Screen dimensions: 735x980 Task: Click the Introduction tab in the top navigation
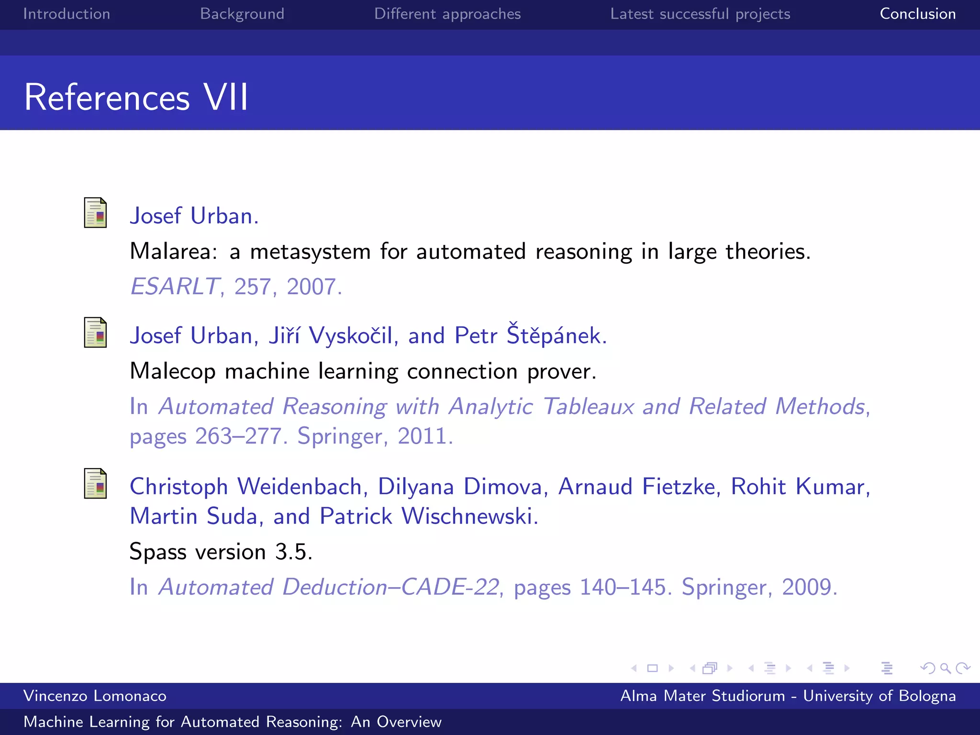click(x=67, y=14)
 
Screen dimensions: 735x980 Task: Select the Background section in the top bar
click(x=242, y=14)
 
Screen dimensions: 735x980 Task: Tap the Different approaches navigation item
click(x=447, y=14)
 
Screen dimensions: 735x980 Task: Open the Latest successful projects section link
click(x=700, y=14)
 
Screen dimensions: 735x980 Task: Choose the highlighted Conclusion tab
click(x=917, y=14)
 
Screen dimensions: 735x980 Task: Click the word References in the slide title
click(x=107, y=97)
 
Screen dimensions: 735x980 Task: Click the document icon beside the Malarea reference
click(x=95, y=213)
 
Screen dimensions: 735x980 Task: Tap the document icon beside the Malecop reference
click(x=95, y=333)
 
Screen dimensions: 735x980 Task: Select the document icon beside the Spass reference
click(x=95, y=483)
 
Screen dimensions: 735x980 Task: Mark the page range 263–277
click(x=238, y=436)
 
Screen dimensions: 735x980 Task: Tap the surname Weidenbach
click(x=300, y=487)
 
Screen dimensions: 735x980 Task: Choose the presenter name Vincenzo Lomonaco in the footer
click(x=95, y=696)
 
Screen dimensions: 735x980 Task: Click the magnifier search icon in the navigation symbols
click(x=945, y=668)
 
